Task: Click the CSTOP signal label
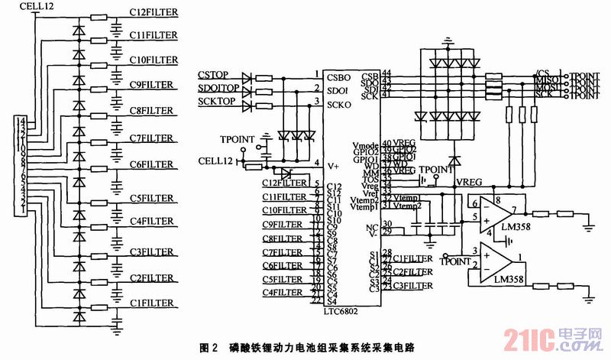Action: pyautogui.click(x=214, y=75)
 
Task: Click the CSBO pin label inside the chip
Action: pyautogui.click(x=338, y=76)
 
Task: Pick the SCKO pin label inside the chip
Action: pyautogui.click(x=338, y=104)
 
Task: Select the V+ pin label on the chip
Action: pyautogui.click(x=333, y=164)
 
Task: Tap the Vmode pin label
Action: pyautogui.click(x=365, y=144)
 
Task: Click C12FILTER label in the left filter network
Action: pyautogui.click(x=154, y=13)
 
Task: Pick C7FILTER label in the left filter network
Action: pyautogui.click(x=154, y=138)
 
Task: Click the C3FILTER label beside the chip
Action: pyautogui.click(x=412, y=285)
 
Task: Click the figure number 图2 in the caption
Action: pyautogui.click(x=209, y=347)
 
